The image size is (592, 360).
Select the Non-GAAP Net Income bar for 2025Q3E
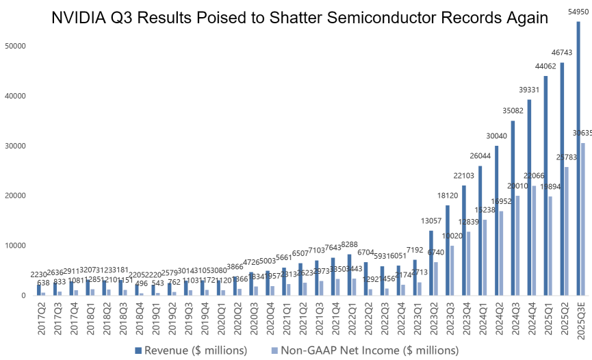(x=583, y=219)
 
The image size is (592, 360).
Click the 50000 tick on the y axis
(x=15, y=47)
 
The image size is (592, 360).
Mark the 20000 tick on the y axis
(x=15, y=196)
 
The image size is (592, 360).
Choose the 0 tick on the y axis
(x=23, y=296)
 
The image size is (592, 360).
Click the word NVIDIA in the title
(x=79, y=18)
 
